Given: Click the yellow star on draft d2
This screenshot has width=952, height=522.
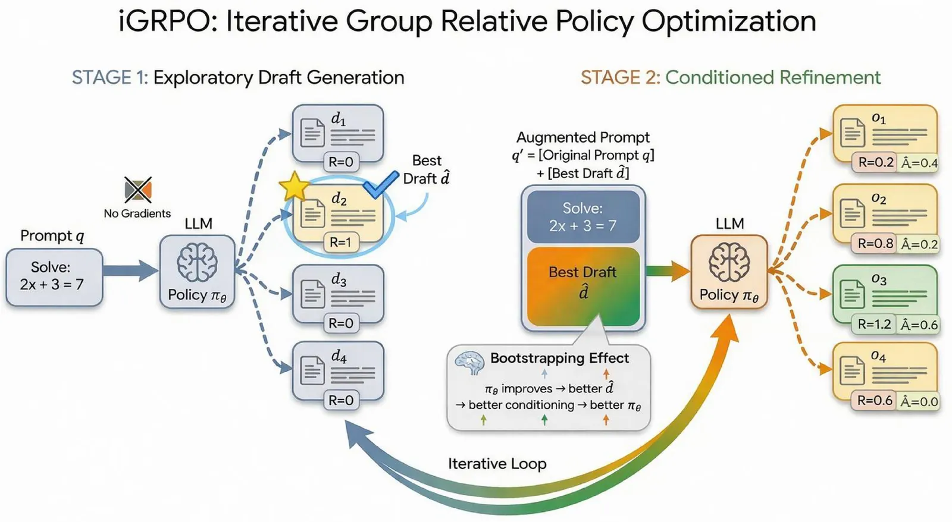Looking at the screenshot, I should coord(294,186).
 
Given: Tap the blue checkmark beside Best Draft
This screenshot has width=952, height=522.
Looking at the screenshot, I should coord(381,184).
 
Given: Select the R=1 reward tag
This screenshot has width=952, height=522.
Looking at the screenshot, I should coord(341,242).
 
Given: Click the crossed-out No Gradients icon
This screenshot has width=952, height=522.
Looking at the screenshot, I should coord(138,190).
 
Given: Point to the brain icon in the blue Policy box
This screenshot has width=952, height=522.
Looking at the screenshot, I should coord(197,263).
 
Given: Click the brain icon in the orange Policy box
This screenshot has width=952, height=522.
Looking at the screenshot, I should coord(729,262).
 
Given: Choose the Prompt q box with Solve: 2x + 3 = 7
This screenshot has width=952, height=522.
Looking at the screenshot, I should coord(54,277).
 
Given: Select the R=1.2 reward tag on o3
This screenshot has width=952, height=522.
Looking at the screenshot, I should coord(875,324).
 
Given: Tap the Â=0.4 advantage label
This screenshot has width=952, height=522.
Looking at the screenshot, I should coord(919,163).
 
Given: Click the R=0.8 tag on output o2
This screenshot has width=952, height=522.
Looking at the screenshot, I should coord(875,243).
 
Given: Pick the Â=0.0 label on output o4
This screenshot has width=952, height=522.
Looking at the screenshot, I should coord(919,401).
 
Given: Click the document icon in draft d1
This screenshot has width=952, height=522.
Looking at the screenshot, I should coord(312,133).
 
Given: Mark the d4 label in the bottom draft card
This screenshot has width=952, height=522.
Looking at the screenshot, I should coord(339,356).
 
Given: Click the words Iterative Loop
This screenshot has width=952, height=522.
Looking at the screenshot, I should coord(497,463).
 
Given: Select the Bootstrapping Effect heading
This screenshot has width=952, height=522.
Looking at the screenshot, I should coord(559,358).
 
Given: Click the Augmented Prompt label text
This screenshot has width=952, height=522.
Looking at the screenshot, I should coord(583,137).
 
